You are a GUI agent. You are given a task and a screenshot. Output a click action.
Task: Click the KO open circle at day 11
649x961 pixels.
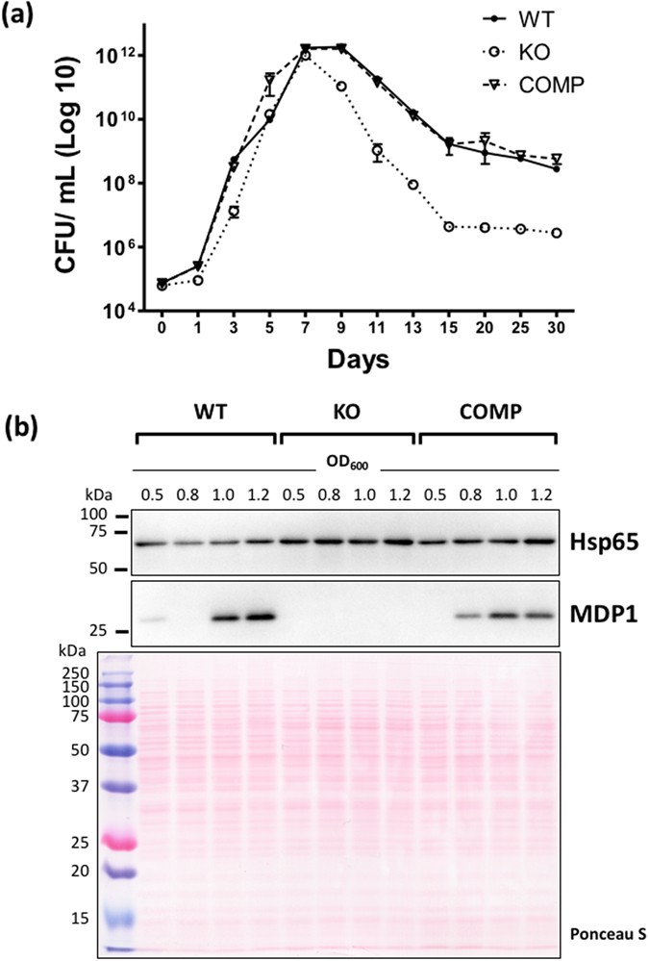coord(377,151)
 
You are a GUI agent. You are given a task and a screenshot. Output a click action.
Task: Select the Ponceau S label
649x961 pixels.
coord(600,933)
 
